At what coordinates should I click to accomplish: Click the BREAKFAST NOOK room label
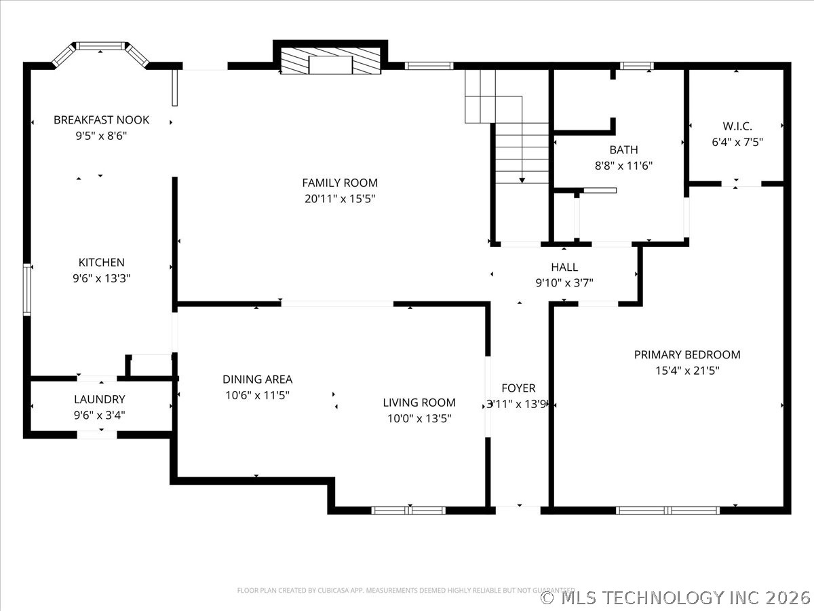[x=101, y=120]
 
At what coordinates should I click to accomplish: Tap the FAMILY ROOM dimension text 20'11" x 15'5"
[x=339, y=199]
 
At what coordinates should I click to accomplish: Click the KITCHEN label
[x=101, y=262]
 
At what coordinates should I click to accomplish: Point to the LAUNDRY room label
[x=99, y=399]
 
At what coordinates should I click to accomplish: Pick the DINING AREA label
[x=257, y=379]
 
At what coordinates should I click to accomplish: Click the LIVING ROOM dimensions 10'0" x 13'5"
[x=419, y=419]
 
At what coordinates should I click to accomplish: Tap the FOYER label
[x=518, y=388]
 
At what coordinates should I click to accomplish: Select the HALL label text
[x=564, y=267]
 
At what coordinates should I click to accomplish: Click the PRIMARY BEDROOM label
[x=686, y=354]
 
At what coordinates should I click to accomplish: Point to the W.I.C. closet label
[x=737, y=126]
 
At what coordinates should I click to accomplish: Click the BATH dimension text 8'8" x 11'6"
[x=623, y=165]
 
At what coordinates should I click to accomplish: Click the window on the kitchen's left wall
[x=27, y=289]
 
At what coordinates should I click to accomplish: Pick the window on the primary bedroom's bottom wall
[x=667, y=510]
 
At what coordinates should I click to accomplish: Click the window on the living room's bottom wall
[x=409, y=510]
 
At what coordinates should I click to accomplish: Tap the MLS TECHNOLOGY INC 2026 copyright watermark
[x=676, y=597]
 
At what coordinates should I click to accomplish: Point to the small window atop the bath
[x=636, y=66]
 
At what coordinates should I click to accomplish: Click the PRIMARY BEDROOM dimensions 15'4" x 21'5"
[x=686, y=371]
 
